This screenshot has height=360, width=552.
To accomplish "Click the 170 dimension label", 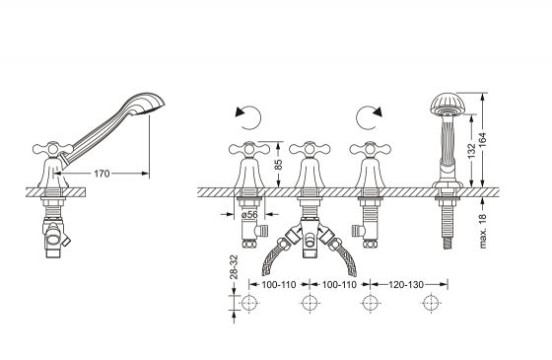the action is pyautogui.click(x=102, y=174).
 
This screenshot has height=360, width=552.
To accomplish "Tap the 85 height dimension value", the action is pyautogui.click(x=278, y=165).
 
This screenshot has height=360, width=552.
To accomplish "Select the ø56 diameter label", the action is pyautogui.click(x=249, y=214).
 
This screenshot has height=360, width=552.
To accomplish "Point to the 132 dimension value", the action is pyautogui.click(x=472, y=150).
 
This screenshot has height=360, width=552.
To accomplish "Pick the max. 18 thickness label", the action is pyautogui.click(x=483, y=231).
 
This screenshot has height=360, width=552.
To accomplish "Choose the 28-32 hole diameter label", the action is pyautogui.click(x=234, y=266).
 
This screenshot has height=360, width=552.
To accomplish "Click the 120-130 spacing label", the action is pyautogui.click(x=406, y=284).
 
